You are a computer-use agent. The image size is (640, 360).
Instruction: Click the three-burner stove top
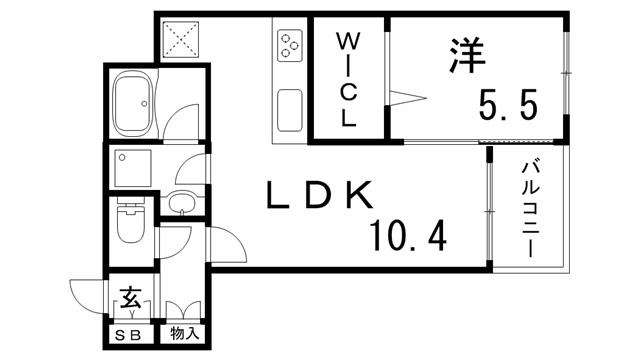[290, 44]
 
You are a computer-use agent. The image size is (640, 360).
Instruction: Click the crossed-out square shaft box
[181, 39]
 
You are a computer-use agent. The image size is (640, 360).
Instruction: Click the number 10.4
[407, 237]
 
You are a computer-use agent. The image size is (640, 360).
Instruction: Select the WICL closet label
[347, 80]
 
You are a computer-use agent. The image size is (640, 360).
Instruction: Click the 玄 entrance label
[131, 299]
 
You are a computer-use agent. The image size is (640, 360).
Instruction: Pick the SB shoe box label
[130, 334]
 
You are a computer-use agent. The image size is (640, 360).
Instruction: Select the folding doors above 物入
[184, 310]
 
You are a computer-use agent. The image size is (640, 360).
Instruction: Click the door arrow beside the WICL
[408, 98]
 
